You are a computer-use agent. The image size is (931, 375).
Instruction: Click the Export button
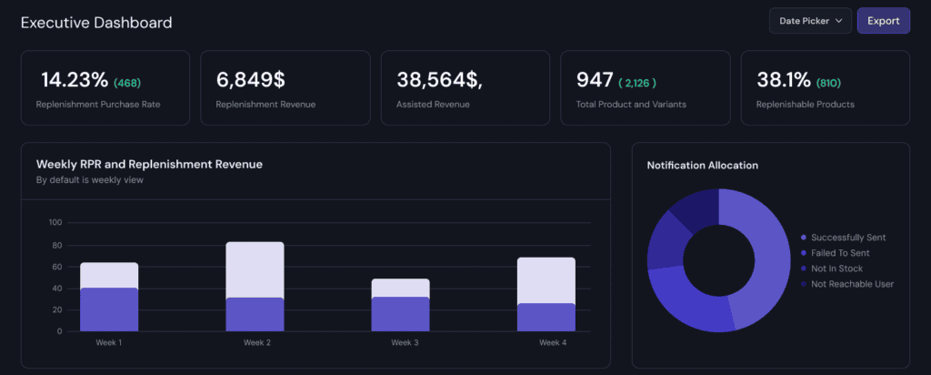tap(883, 21)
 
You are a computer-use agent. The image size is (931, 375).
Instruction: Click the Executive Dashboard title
tap(95, 22)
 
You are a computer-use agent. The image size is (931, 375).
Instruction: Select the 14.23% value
tap(75, 80)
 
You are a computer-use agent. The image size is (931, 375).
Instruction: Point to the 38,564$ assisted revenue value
tap(439, 80)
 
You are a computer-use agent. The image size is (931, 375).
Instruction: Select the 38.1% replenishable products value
tap(784, 80)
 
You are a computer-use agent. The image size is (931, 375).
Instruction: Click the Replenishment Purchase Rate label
tap(98, 105)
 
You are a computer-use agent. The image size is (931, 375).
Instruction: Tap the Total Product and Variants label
tap(631, 105)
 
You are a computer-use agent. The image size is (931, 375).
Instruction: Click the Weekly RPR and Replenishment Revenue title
tap(149, 165)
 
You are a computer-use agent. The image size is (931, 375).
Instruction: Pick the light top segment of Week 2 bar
tap(255, 269)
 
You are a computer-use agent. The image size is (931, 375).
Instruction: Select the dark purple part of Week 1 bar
tap(109, 309)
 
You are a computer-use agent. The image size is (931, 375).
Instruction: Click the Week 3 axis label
tap(405, 343)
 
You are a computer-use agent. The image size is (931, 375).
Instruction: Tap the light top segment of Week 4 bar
tap(546, 280)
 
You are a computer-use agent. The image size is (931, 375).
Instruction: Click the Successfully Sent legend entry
tap(847, 238)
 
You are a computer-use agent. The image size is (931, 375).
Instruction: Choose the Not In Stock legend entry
tap(836, 269)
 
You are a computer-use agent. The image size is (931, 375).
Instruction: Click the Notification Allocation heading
tap(702, 166)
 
